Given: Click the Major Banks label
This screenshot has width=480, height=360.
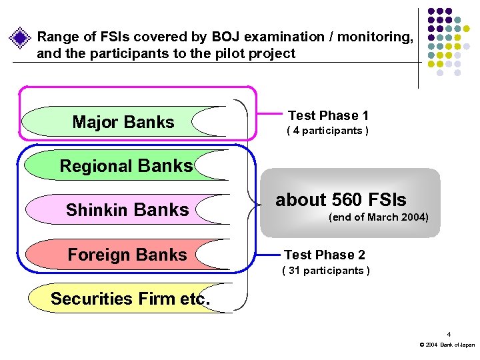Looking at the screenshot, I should [123, 122].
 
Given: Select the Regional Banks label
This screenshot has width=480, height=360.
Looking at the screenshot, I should [126, 166].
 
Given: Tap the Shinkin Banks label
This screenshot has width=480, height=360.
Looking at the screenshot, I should [127, 210].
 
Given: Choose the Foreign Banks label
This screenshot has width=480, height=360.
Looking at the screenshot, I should [127, 255].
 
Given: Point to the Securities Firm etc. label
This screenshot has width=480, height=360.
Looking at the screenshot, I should [130, 299].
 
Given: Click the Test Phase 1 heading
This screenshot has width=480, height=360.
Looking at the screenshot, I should [328, 115].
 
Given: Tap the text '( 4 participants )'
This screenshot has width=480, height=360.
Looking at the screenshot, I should [327, 131].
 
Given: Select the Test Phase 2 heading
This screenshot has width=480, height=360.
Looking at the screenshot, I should [325, 255].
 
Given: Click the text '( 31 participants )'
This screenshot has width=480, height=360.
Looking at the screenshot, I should [327, 270].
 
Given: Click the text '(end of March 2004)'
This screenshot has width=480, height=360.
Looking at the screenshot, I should [379, 217].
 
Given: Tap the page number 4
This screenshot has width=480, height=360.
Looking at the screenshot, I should [449, 334].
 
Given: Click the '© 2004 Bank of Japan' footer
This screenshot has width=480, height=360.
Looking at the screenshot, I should [447, 345].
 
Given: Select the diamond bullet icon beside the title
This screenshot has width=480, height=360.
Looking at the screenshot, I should [21, 37].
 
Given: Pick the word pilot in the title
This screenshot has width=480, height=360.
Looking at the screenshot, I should [232, 53].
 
